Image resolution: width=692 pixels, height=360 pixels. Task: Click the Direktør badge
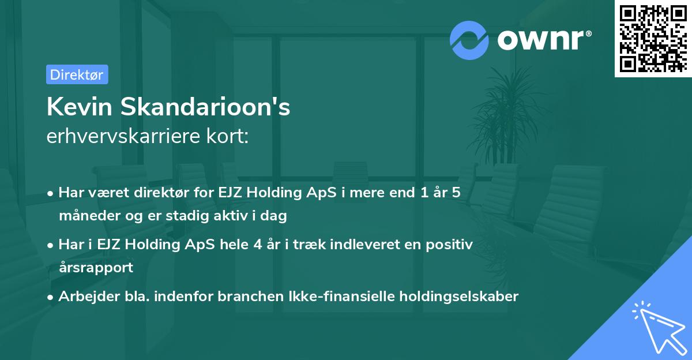(77, 74)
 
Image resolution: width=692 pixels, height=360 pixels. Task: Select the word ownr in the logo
(543, 40)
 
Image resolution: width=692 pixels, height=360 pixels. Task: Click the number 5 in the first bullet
(456, 193)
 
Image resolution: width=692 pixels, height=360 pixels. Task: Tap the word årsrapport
(96, 268)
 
